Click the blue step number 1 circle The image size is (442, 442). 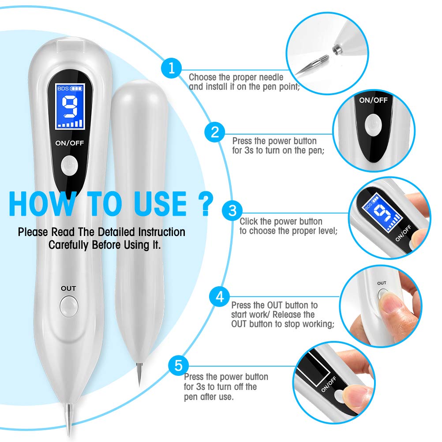171,68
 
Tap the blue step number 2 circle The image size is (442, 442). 215,132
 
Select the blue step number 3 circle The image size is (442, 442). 232,210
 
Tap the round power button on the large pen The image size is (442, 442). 69,165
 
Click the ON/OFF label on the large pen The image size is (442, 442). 69,143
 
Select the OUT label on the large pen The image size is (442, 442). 68,288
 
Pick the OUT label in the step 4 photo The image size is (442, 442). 382,283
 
